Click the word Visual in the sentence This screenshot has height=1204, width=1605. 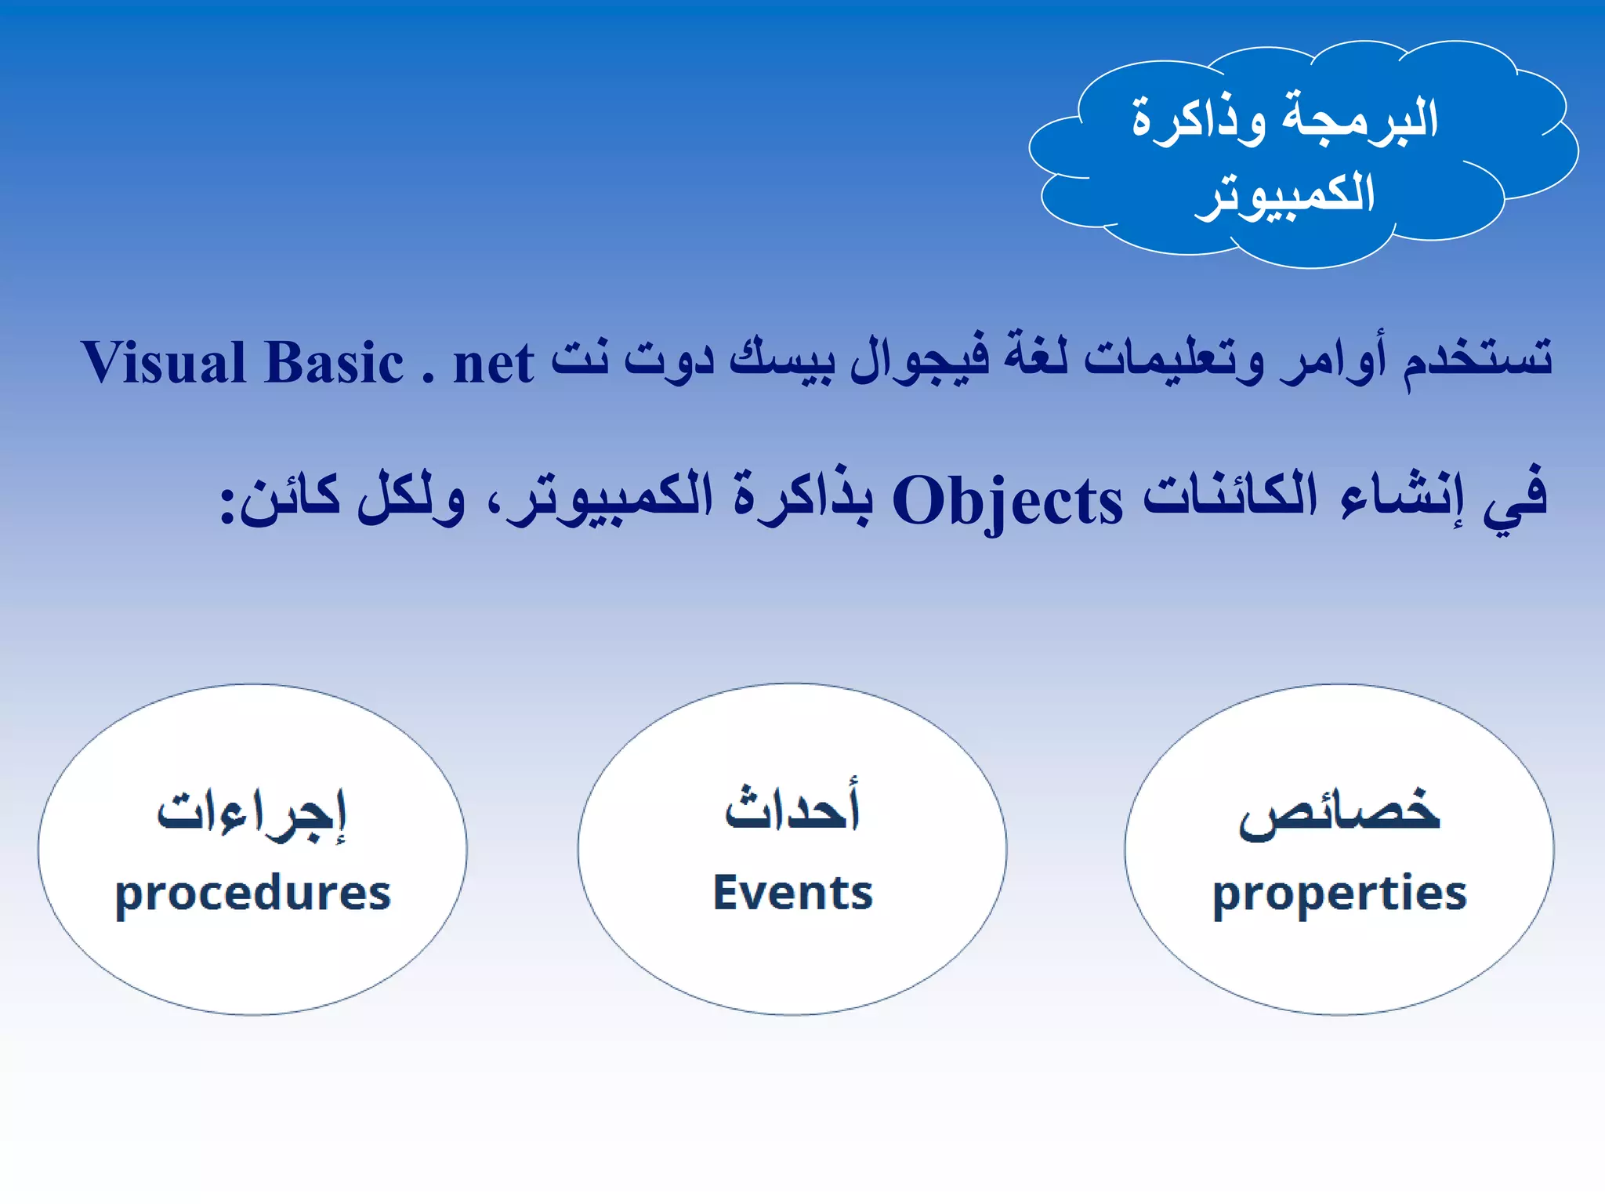(164, 362)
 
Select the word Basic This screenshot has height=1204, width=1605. (335, 362)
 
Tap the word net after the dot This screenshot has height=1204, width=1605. (494, 364)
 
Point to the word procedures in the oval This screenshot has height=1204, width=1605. (252, 894)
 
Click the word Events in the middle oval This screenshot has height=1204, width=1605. (792, 892)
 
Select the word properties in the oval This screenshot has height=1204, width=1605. (1339, 894)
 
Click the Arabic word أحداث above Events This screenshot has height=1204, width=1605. (792, 807)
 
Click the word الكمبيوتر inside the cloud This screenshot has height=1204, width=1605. (1285, 194)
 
